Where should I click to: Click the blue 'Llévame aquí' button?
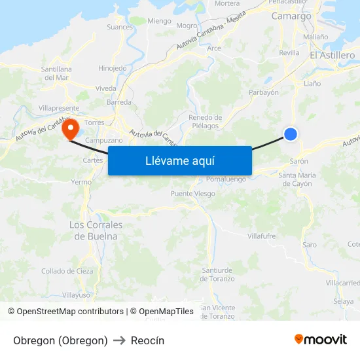click(x=180, y=160)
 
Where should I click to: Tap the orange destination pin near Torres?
click(x=70, y=128)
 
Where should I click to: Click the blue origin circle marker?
click(x=291, y=134)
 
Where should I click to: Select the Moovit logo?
click(x=321, y=339)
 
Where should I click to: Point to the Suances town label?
click(x=119, y=27)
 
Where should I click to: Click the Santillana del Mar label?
click(x=56, y=73)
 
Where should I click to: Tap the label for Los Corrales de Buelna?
click(x=96, y=230)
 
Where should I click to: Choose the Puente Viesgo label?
click(x=192, y=194)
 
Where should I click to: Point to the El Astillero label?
click(x=332, y=56)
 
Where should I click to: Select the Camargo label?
click(x=291, y=16)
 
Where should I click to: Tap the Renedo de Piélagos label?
click(x=205, y=122)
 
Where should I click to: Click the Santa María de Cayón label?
click(x=297, y=179)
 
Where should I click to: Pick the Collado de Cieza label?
click(x=67, y=271)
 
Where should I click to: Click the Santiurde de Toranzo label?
click(x=217, y=274)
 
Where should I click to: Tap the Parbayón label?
click(x=264, y=92)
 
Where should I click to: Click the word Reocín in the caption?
click(x=147, y=340)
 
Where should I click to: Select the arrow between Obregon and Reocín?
click(x=119, y=340)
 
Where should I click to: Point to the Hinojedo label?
click(x=112, y=68)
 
